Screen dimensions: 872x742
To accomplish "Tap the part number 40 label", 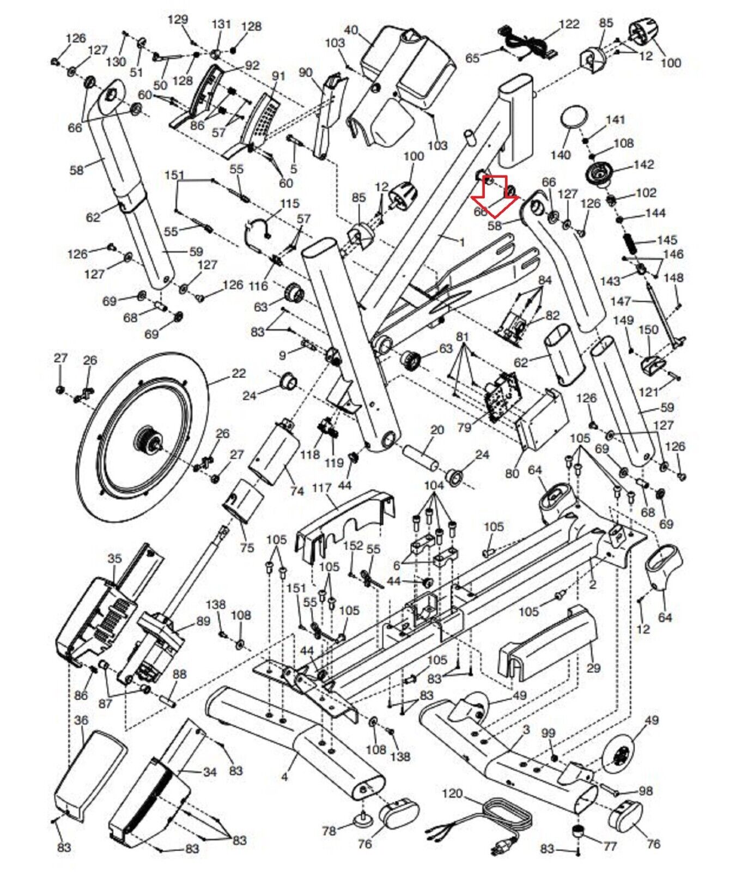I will pos(351,29).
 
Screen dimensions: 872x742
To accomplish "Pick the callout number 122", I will pos(569,24).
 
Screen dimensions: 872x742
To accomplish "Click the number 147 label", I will pos(621,301).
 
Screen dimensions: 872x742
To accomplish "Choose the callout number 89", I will pos(203,621).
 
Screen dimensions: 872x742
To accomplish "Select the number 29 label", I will pos(593,668).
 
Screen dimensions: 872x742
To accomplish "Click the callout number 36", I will pos(81,720).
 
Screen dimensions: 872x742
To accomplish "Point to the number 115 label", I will pos(289,203).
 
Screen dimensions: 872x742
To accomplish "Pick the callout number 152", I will pos(354,546).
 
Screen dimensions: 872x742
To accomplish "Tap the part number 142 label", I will pos(643,164).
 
